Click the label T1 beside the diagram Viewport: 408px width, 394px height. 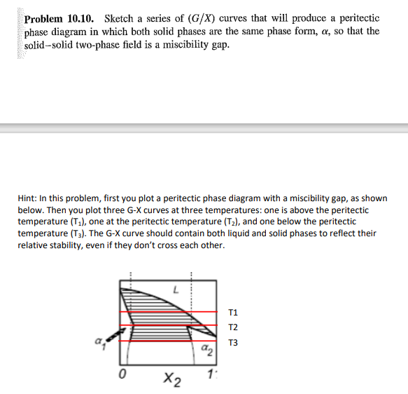(233, 312)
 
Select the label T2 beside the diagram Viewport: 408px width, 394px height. (233, 327)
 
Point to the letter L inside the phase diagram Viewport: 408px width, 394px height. (176, 289)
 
